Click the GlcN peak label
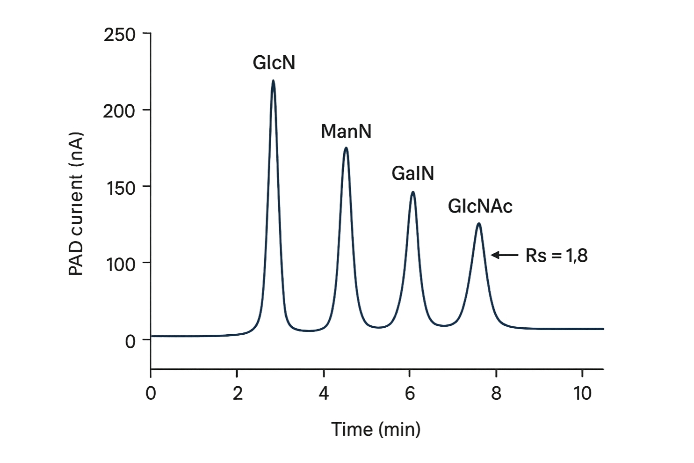point(274,63)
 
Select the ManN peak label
point(346,132)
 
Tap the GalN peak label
point(412,174)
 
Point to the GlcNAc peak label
point(480,206)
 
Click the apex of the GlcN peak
point(273,81)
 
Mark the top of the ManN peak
point(346,148)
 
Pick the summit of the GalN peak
point(412,192)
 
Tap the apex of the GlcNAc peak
point(478,224)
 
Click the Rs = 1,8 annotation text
point(556,256)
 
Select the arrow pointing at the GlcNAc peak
point(504,255)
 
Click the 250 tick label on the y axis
point(119,35)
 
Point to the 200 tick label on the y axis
point(119,111)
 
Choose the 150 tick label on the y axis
point(119,188)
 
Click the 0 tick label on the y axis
point(130,341)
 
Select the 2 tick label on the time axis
point(237,394)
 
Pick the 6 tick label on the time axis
point(410,394)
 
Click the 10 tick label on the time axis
point(582,394)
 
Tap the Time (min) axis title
point(376,429)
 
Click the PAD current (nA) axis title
point(76,204)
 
